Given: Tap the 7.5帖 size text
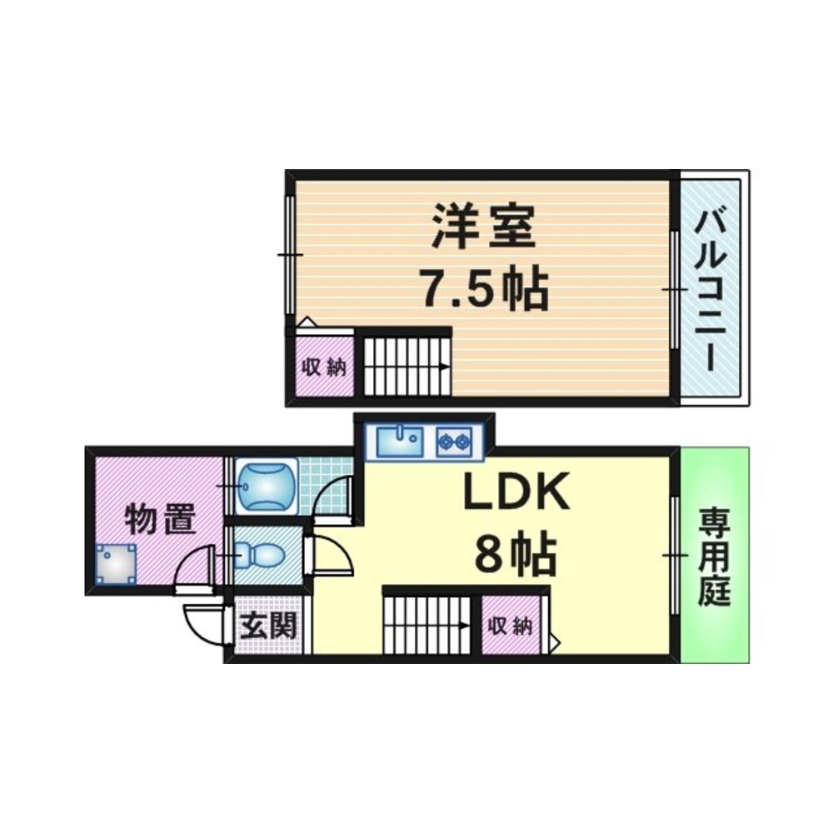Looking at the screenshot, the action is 483,290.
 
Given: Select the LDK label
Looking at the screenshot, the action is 516,491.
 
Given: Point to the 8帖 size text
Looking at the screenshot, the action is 516,554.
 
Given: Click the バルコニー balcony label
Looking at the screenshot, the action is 711,290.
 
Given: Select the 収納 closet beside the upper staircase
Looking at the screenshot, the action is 324,367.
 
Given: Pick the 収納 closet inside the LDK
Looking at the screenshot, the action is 510,626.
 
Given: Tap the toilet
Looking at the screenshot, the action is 257,556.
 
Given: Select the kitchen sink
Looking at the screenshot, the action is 400,442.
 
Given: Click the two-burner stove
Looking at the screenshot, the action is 454,442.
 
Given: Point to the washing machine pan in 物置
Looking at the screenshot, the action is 116,564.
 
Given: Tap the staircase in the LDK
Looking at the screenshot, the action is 427,625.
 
